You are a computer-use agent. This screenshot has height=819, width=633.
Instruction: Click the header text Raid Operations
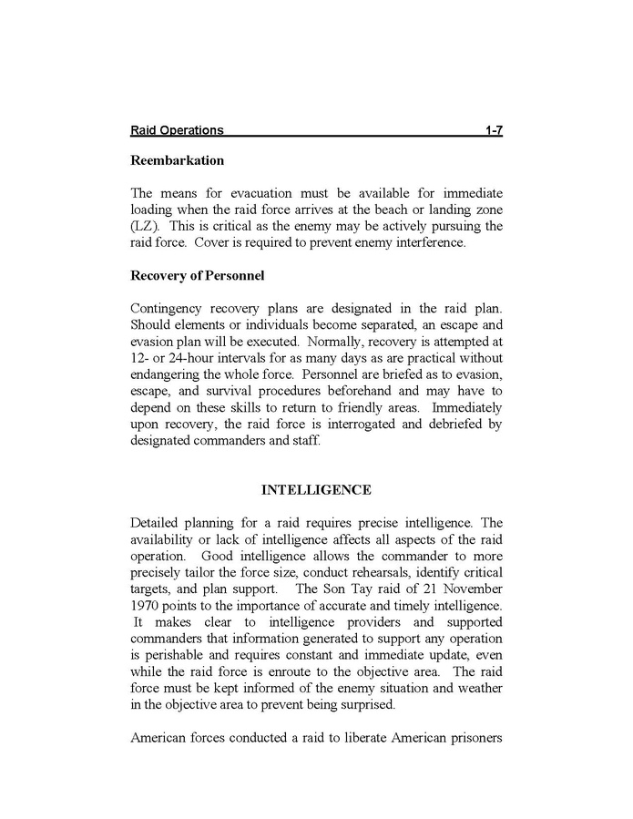(177, 131)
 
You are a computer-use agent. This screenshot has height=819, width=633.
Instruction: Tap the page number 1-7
(494, 131)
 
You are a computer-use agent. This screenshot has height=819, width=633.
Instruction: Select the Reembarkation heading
(177, 160)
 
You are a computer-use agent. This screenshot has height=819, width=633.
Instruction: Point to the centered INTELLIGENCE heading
(316, 490)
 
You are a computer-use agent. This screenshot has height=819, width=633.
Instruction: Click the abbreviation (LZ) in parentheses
(146, 226)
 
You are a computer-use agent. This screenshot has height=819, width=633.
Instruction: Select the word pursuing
(450, 226)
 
